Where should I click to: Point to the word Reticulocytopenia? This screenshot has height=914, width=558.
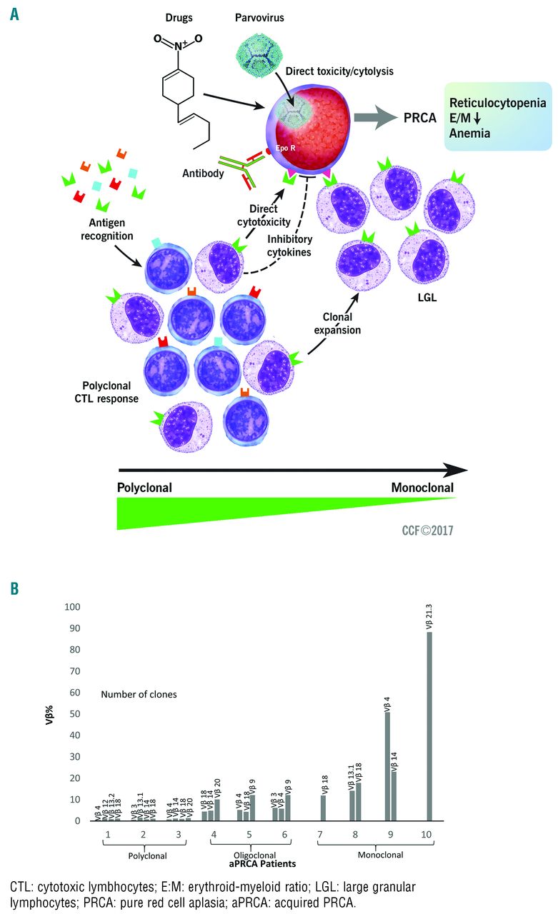click(497, 103)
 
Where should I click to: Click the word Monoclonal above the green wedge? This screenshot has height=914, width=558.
click(422, 488)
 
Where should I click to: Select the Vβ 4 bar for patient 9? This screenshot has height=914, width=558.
click(387, 767)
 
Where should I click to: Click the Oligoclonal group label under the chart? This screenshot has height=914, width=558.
click(249, 854)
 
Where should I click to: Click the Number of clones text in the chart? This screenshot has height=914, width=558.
click(139, 694)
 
